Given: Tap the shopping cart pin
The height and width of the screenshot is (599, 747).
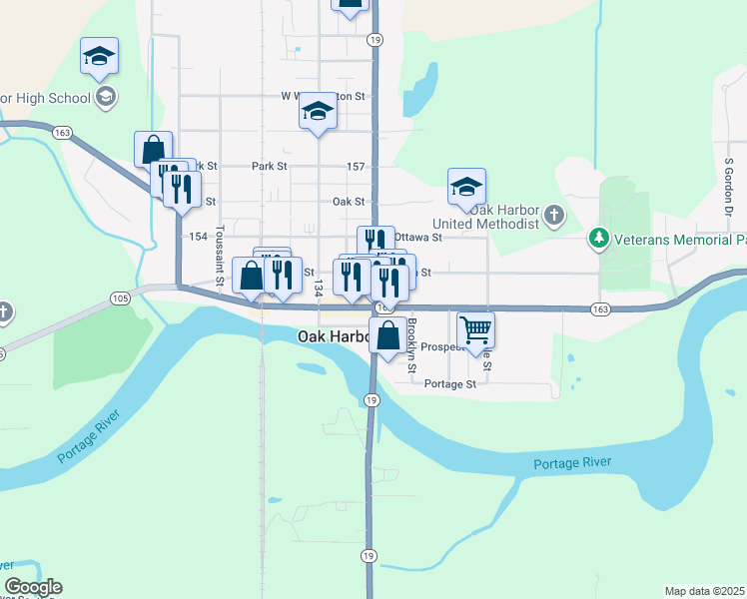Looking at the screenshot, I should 476,328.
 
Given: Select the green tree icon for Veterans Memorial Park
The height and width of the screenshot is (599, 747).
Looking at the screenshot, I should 598,238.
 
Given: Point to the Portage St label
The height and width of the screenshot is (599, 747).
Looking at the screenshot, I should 450,383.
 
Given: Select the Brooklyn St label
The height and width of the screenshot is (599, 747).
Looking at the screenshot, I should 411,342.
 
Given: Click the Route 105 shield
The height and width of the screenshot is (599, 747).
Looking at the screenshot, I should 121,298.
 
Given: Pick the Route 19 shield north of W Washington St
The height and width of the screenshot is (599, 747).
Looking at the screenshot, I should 373,40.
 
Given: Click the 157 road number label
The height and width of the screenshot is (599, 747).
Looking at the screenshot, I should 355,166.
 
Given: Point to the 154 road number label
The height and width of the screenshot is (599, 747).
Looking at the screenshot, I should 198,237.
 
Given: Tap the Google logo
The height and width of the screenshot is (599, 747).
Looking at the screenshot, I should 33,587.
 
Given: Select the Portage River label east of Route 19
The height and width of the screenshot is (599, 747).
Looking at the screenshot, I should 571,462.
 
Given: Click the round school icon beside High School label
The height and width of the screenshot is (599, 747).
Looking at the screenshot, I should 106,97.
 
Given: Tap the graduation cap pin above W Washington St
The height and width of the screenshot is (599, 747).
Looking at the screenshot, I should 318,112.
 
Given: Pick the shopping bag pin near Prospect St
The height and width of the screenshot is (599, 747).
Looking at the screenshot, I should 387,337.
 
